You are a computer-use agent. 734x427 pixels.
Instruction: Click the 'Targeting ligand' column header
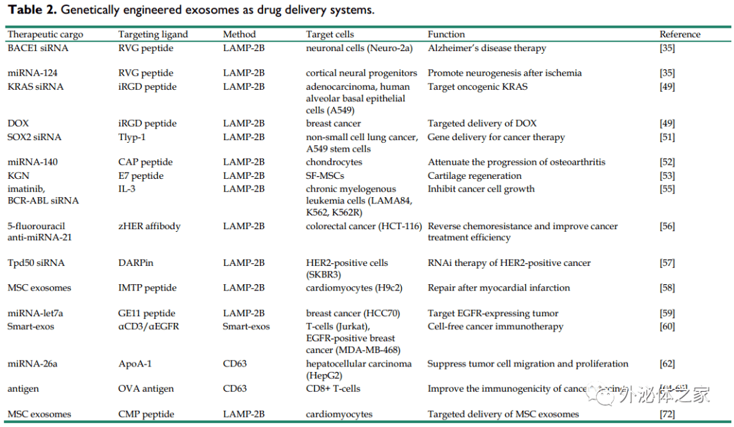click(153, 34)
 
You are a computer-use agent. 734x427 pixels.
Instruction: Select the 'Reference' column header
click(680, 34)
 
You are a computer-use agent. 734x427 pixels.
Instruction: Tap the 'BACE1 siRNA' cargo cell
click(38, 48)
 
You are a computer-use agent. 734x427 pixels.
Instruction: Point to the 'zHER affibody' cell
click(149, 226)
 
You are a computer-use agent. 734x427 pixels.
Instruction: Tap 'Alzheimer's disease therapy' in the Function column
click(487, 48)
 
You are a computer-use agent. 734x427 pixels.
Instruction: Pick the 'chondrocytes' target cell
click(334, 162)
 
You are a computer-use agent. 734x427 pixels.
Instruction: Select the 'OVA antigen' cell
click(146, 388)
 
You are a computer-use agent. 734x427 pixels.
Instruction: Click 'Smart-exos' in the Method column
click(246, 326)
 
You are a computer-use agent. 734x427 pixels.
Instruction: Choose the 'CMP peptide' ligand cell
click(146, 413)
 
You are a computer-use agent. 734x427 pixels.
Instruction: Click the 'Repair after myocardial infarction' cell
click(498, 288)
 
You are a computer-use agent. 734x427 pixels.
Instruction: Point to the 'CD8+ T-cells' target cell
click(333, 388)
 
